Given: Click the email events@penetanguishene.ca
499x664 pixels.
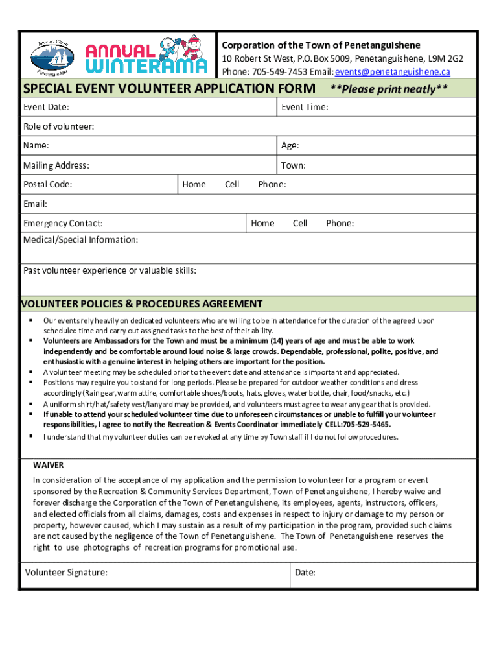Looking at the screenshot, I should point(392,72).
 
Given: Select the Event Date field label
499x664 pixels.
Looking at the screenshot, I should point(47,107).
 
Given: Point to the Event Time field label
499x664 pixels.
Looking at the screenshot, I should point(305,107).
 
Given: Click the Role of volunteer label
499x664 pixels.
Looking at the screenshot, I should point(58,126).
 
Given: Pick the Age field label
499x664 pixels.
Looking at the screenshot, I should point(290,146).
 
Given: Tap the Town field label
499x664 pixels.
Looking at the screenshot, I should point(293,165).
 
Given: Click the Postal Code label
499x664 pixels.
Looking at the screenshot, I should point(48,185).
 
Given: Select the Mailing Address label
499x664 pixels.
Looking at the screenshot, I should point(56,165).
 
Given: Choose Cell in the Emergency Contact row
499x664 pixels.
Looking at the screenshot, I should point(300,224).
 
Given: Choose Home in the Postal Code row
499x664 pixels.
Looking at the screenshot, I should point(194,185).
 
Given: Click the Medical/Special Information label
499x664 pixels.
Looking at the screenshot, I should point(81,240).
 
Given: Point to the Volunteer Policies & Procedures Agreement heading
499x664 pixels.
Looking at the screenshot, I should point(142,303).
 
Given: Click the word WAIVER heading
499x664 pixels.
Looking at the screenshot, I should point(49,466).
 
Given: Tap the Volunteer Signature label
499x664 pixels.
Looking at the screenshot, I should point(66,572).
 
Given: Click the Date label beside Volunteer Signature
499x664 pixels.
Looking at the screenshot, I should point(305,572).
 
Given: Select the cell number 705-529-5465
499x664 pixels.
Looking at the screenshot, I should point(366,425).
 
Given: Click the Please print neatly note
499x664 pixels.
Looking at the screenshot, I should point(389,89).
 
